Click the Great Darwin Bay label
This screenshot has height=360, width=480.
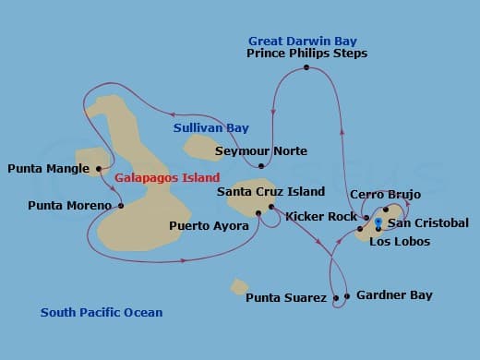(x=303, y=41)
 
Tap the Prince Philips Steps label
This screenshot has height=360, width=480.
(x=307, y=54)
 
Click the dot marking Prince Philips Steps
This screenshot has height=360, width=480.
(x=306, y=67)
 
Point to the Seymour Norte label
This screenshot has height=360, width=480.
(x=261, y=150)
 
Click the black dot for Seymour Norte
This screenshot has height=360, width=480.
(x=261, y=166)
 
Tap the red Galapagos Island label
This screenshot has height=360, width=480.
(x=168, y=177)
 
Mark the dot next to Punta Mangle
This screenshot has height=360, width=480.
(x=99, y=169)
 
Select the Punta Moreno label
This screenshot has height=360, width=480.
(x=69, y=205)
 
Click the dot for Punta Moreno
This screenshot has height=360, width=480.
(x=121, y=205)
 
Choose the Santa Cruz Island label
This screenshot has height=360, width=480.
(x=270, y=192)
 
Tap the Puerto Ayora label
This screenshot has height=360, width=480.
(x=209, y=225)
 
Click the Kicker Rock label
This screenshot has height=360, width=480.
(x=321, y=217)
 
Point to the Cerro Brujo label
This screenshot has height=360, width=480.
(x=385, y=195)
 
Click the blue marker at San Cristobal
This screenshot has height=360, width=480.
(x=378, y=222)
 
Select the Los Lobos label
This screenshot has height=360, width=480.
(x=398, y=242)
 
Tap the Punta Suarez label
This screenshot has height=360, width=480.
(x=285, y=298)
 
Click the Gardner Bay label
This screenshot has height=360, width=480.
(x=394, y=295)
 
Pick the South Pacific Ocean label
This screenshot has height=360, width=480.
(x=102, y=313)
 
